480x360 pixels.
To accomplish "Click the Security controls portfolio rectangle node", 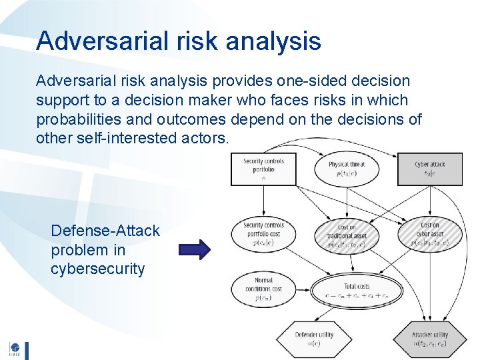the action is tap(263, 169).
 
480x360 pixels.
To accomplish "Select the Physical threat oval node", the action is tap(347, 169).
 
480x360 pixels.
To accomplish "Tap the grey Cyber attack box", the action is tap(429, 169).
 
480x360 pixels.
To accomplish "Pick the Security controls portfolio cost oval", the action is tap(263, 234).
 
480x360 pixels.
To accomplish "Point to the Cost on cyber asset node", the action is tap(429, 234).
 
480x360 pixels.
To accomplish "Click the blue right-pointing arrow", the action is tap(194, 249).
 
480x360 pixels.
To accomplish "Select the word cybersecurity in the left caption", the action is tap(97, 269).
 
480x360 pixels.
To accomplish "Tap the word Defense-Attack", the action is tap(105, 231).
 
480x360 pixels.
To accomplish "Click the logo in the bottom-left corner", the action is tap(15, 350).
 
